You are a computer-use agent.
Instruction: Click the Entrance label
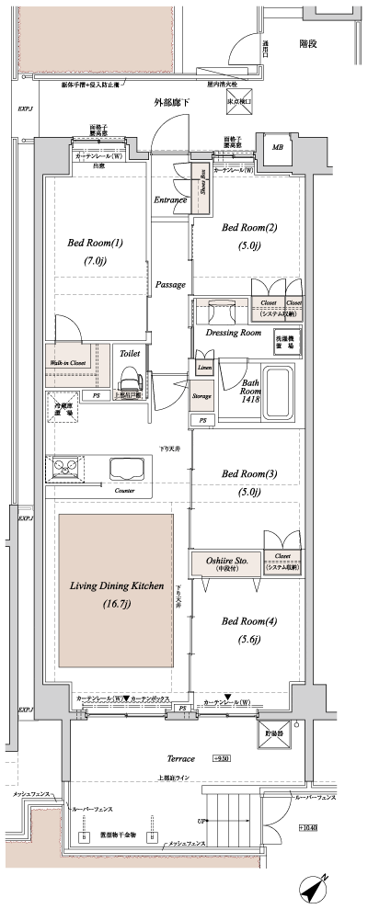pyautogui.click(x=170, y=199)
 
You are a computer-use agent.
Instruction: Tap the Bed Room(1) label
pyautogui.click(x=95, y=244)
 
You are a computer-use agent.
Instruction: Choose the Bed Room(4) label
pyautogui.click(x=249, y=621)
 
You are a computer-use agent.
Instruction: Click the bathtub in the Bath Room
pyautogui.click(x=278, y=393)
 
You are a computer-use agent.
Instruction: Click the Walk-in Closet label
pyautogui.click(x=70, y=363)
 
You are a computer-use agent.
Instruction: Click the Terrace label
pyautogui.click(x=180, y=759)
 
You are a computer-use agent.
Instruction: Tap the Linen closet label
pyautogui.click(x=203, y=367)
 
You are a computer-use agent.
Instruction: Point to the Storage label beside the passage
pyautogui.click(x=202, y=396)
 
